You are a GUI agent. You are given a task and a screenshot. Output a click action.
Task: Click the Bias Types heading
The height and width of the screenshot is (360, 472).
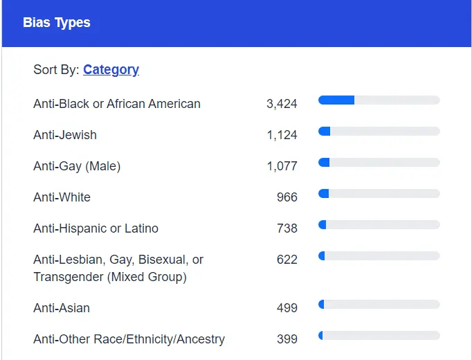[57, 23]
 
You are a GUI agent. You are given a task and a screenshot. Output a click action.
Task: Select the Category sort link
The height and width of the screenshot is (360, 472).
[111, 69]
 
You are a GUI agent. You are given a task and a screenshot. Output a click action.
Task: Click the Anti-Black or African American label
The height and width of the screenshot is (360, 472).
[117, 104]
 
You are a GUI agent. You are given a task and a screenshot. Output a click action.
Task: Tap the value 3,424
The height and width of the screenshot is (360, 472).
[282, 104]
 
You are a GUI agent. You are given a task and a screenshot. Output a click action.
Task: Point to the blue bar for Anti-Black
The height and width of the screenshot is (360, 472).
[336, 100]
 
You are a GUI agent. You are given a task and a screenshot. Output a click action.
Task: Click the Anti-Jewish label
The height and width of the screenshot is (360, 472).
[65, 135]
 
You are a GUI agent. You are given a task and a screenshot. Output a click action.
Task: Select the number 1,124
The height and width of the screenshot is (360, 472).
[282, 135]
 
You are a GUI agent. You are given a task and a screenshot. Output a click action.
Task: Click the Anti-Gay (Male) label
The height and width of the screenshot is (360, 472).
[77, 166]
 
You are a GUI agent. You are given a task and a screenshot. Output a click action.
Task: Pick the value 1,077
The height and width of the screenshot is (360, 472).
[282, 166]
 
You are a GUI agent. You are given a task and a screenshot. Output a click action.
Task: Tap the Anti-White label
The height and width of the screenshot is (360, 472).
[62, 197]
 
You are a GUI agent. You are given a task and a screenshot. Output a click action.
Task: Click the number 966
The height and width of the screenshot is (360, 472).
[287, 197]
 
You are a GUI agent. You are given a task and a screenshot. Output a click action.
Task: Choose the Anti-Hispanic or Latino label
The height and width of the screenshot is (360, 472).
[96, 228]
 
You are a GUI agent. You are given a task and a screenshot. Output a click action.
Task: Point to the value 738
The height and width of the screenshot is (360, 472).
[287, 228]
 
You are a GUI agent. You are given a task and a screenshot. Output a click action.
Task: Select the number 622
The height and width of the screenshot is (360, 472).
[287, 260]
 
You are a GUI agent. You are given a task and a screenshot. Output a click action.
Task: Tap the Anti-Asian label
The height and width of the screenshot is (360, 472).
[62, 308]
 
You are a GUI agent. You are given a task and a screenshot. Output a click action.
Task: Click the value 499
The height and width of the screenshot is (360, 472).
[287, 308]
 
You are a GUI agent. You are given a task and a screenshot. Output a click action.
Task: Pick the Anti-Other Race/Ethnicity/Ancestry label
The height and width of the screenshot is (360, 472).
[129, 339]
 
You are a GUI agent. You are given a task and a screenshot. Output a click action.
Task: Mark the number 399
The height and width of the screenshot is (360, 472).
[287, 339]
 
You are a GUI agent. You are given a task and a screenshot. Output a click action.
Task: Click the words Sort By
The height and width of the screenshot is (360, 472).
[55, 69]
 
